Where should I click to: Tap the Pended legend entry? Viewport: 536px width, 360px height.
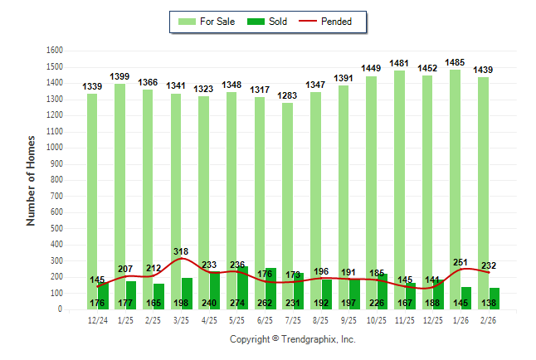(x=334, y=22)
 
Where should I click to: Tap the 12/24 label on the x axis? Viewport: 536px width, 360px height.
(x=97, y=321)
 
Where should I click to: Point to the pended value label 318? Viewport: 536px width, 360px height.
(x=182, y=251)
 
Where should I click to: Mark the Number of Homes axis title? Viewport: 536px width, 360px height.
(x=31, y=180)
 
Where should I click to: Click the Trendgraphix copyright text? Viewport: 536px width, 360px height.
(x=292, y=339)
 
